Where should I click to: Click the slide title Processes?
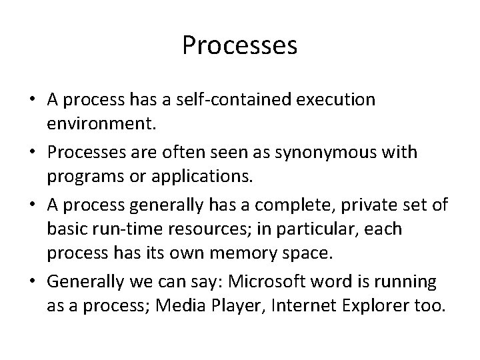tap(239, 46)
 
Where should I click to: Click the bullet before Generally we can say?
tap(33, 282)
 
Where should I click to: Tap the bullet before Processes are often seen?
tap(33, 153)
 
